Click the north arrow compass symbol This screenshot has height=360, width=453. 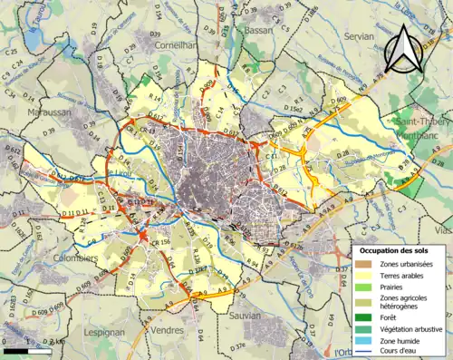[x=405, y=46]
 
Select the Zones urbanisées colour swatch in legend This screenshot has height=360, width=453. [x=363, y=264]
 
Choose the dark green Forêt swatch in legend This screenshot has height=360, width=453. [x=363, y=318]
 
